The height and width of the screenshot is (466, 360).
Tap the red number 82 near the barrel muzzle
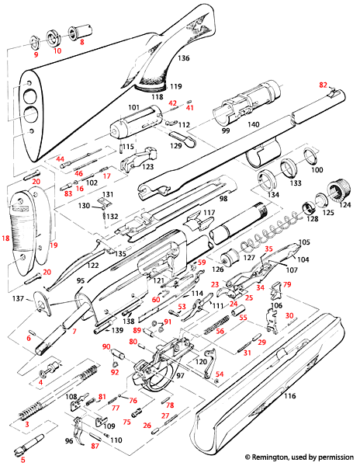324,84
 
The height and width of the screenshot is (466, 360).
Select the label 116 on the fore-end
291,396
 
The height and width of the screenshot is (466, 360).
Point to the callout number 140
253,124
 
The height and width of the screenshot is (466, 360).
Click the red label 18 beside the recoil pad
9,239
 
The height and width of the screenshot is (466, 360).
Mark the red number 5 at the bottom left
22,461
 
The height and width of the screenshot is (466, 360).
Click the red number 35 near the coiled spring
269,249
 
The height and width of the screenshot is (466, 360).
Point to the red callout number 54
220,374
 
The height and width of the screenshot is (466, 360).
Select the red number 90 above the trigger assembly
106,347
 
